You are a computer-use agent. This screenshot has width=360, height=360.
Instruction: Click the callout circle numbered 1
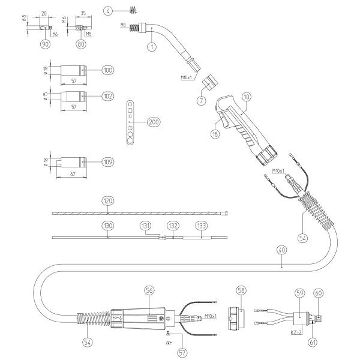pos(152,46)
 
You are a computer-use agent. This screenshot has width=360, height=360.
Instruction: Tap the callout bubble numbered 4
pos(107,10)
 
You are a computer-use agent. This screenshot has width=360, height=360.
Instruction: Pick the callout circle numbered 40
pos(282,249)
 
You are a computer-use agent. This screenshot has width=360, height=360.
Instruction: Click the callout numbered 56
pos(149,290)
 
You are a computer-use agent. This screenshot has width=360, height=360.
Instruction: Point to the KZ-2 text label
pos(295,331)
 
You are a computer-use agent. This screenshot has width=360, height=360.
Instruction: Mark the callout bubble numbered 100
pos(107,71)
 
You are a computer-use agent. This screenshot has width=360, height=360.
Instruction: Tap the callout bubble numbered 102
pos(107,96)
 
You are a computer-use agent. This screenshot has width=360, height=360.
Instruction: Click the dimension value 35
pos(82,12)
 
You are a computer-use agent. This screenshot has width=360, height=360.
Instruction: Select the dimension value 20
pos(44,12)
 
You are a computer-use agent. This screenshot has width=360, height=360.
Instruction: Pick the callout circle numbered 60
pos(318,293)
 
